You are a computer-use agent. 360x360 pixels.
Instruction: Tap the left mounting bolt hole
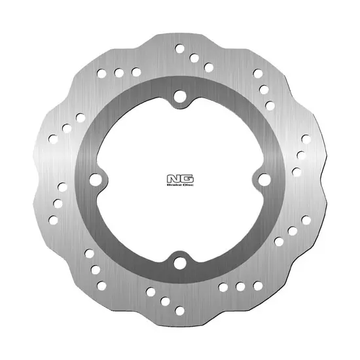click(x=97, y=179)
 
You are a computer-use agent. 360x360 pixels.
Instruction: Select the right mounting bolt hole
click(x=263, y=179)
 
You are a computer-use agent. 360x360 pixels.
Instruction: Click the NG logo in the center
click(x=180, y=177)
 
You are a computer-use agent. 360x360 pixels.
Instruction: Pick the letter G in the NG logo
click(x=185, y=177)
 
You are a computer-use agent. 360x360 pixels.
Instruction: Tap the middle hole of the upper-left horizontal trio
click(x=121, y=71)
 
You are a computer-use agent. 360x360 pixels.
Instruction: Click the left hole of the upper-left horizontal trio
click(x=106, y=71)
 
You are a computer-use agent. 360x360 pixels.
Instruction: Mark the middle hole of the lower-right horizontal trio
click(x=240, y=287)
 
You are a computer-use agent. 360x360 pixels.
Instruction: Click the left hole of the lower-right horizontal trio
click(x=225, y=287)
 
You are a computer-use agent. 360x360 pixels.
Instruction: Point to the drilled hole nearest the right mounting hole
click(x=297, y=172)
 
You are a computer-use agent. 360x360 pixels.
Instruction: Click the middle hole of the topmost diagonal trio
click(x=194, y=57)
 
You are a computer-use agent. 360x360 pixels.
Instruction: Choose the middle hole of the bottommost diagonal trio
click(x=166, y=301)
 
